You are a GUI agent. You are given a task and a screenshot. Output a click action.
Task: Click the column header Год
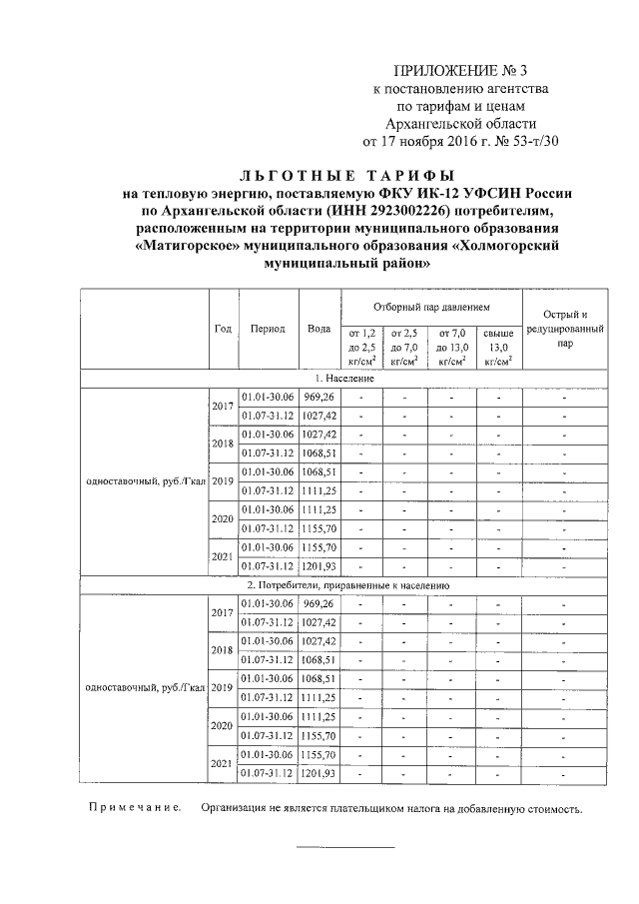[x=224, y=329]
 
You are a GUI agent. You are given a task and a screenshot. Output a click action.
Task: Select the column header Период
[x=268, y=329]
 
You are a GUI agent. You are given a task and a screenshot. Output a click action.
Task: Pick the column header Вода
[x=319, y=329]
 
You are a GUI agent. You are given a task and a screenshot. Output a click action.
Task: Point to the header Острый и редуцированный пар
[x=565, y=328]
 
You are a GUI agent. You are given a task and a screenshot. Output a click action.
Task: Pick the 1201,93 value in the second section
[x=319, y=773]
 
